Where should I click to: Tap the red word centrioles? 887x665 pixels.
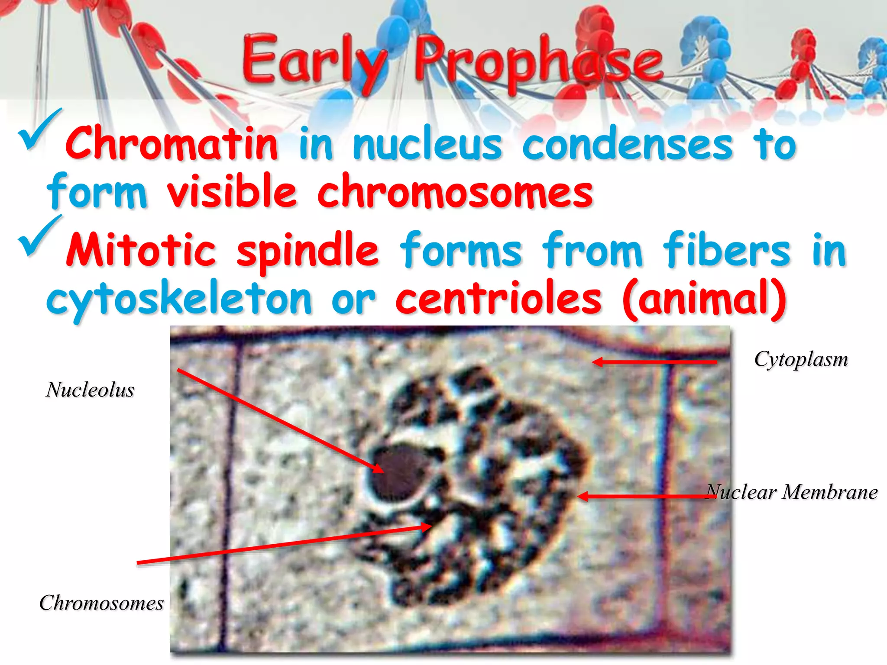499,299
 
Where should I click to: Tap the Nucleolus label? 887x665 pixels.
90,390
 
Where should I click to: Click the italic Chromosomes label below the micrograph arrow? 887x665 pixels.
101,603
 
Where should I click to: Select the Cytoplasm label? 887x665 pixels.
801,359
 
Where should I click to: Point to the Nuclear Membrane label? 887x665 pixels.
791,492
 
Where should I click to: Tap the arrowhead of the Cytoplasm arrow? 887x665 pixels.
596,362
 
